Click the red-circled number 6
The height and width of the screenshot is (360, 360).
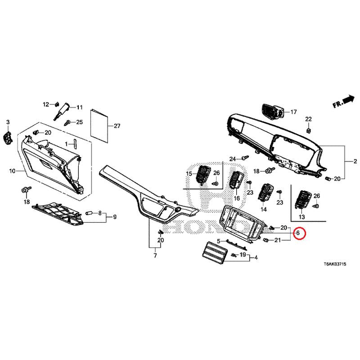[x=298, y=233]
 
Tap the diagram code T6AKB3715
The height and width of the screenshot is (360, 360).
[x=335, y=264]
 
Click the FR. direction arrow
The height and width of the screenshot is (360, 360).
[x=344, y=101]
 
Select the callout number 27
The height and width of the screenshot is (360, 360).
[x=117, y=126]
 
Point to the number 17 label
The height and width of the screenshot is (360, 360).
[x=294, y=112]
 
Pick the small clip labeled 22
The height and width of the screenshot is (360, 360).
[x=309, y=130]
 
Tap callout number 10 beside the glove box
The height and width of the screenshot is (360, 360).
[x=12, y=171]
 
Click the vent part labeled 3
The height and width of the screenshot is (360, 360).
[x=7, y=139]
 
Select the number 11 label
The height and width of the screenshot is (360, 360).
[x=80, y=107]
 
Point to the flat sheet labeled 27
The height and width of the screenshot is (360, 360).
[x=99, y=126]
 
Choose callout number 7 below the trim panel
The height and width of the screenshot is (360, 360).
[x=155, y=255]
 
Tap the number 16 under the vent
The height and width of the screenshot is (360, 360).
[x=237, y=198]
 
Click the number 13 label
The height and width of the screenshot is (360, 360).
[x=301, y=217]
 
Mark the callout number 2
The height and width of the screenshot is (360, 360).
[x=355, y=162]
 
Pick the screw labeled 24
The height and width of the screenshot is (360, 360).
[x=245, y=158]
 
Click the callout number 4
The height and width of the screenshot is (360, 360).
[x=256, y=257]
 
